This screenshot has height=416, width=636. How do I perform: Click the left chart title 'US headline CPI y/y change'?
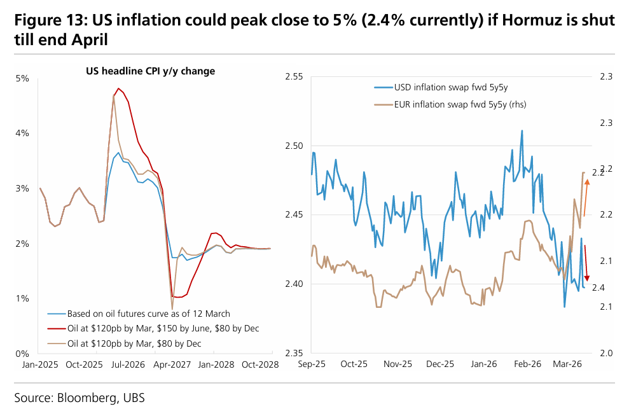click(150, 71)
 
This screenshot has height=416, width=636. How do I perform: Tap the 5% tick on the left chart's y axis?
click(22, 79)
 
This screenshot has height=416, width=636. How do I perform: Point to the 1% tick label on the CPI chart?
click(22, 298)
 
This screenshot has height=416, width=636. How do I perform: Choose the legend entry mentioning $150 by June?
click(163, 329)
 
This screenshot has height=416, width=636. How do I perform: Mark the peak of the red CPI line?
click(118, 88)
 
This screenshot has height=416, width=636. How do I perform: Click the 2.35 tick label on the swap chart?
click(295, 353)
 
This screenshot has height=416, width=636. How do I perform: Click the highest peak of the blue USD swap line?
click(522, 131)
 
